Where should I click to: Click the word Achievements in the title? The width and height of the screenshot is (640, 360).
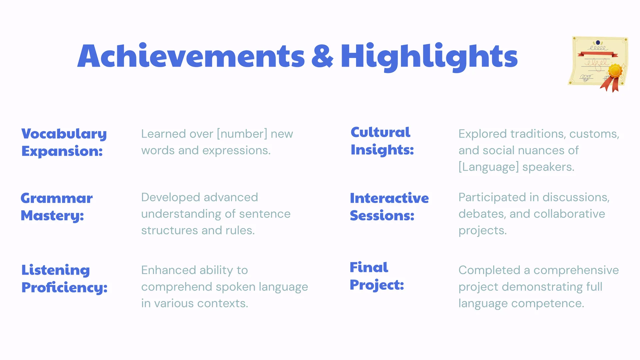[191, 56]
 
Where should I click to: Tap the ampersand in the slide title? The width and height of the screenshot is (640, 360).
[322, 56]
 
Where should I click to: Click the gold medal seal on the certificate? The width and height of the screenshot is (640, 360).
[615, 71]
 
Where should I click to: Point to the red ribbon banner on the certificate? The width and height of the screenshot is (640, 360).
[598, 54]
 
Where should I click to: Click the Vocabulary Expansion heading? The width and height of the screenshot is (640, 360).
[64, 142]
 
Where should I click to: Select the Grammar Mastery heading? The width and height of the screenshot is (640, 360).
[57, 207]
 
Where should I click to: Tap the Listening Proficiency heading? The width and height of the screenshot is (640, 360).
[64, 279]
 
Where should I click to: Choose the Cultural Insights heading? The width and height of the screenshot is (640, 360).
[382, 141]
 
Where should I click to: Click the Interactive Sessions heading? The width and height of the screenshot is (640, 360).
[389, 207]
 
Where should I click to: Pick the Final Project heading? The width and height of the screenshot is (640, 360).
[377, 276]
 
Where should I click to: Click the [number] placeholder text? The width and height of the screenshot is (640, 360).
[242, 134]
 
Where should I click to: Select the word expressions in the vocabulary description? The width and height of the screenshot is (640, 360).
[236, 151]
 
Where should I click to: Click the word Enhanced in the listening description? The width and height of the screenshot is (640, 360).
[168, 270]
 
